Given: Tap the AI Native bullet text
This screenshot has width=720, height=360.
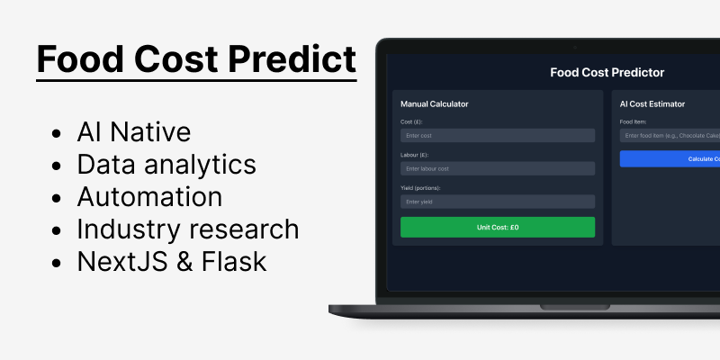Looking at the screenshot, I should (x=134, y=132).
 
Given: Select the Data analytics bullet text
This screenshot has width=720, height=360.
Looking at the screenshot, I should (x=166, y=165).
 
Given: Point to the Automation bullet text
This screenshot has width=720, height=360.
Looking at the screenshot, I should (x=149, y=197).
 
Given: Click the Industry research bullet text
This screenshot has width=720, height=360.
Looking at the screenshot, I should (x=188, y=229).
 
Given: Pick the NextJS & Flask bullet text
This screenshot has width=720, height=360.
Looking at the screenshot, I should (x=171, y=262).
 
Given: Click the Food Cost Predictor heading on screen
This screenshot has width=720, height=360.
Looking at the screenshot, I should (x=607, y=72).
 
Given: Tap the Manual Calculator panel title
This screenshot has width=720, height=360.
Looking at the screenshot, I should (x=434, y=104).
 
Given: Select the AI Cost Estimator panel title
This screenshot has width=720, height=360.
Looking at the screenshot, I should (x=652, y=104).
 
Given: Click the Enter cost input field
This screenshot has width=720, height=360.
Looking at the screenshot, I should (x=497, y=135).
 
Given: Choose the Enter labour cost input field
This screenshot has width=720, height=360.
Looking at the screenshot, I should (x=497, y=168).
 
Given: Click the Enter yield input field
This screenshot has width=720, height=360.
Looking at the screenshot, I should (x=497, y=202).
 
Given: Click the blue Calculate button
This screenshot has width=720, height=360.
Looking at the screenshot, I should (x=670, y=158).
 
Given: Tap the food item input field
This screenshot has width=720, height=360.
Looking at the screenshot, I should (x=670, y=135).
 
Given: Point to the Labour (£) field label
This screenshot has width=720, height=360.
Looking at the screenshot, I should (x=416, y=154).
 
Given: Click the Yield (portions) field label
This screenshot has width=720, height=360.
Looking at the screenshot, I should (x=420, y=187).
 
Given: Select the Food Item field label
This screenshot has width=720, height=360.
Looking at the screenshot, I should (x=634, y=121).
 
